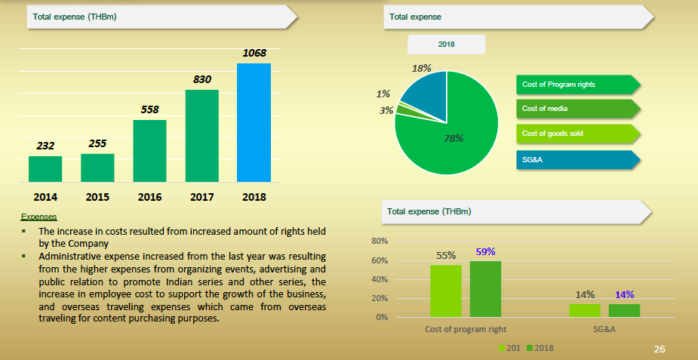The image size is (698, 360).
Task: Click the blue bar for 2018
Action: click(254, 122)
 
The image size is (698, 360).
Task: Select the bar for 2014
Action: click(45, 169)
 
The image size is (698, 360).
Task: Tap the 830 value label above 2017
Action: click(201, 78)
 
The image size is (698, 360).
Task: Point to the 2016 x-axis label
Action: click(149, 197)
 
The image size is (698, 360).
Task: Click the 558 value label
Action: click(149, 109)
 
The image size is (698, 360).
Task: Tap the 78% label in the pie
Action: click(454, 138)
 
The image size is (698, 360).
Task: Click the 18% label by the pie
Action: click(421, 68)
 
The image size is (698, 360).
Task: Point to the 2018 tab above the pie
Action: click(446, 44)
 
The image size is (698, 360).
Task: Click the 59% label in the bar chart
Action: click(485, 252)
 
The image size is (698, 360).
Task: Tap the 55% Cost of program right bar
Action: click(445, 291)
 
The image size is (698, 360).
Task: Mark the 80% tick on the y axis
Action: click(380, 242)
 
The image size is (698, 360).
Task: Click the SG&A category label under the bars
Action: click(604, 329)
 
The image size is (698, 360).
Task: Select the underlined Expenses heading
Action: click(38, 217)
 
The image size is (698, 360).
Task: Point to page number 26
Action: click(660, 349)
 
